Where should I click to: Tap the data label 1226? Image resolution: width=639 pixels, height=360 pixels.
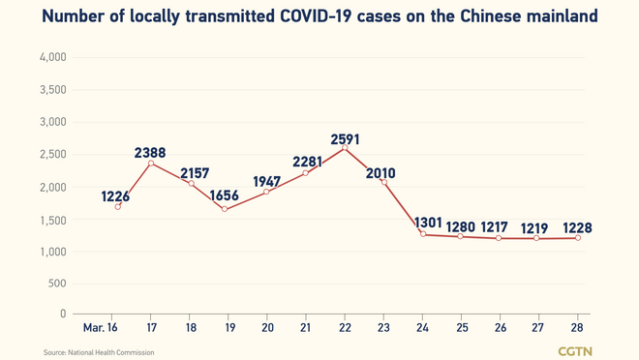[117, 196]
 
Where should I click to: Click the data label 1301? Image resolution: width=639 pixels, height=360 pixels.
[429, 223]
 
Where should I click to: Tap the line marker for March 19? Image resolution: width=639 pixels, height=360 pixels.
[225, 209]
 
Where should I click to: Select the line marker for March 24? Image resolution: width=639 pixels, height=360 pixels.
[423, 233]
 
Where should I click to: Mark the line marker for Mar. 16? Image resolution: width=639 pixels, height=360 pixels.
[118, 206]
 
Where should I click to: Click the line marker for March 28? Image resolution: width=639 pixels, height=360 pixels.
[579, 237]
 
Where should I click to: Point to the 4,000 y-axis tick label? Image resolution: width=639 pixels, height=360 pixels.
[51, 58]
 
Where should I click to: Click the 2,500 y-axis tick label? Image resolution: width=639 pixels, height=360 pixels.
[51, 155]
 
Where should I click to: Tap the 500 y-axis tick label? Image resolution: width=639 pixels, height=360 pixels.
[56, 284]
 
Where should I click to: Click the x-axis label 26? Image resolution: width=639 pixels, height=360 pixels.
[500, 328]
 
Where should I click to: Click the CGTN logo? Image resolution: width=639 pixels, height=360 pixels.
[575, 350]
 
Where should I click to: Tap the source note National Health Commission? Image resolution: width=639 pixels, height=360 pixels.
[99, 352]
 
